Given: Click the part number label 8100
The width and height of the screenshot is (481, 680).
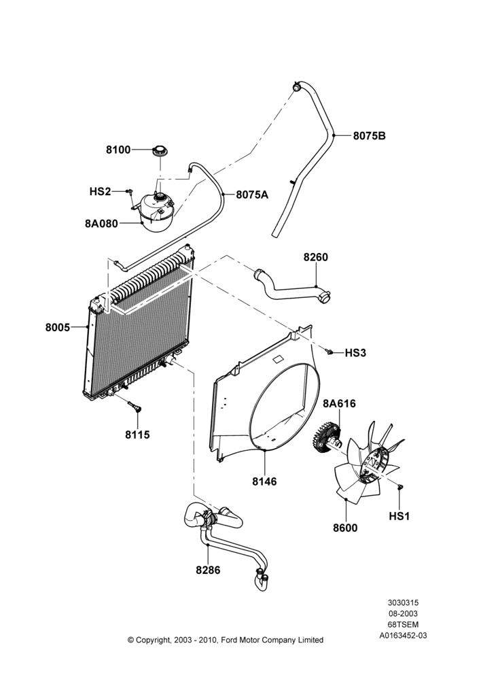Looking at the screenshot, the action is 118,150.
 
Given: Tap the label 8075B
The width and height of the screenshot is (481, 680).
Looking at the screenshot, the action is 369,136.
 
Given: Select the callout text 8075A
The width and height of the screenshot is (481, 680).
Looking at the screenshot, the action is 252,194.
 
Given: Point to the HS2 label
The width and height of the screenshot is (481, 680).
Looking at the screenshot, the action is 100,191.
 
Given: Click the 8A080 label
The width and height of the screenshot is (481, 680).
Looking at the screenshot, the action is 101,224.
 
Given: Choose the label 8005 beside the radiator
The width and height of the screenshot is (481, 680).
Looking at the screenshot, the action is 58,328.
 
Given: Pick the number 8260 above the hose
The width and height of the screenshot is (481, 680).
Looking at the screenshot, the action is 315,257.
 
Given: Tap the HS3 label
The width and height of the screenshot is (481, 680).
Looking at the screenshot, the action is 355,353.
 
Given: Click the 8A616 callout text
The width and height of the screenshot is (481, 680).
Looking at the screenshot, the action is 339,404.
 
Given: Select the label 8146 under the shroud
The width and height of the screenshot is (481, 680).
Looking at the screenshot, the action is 264,481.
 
